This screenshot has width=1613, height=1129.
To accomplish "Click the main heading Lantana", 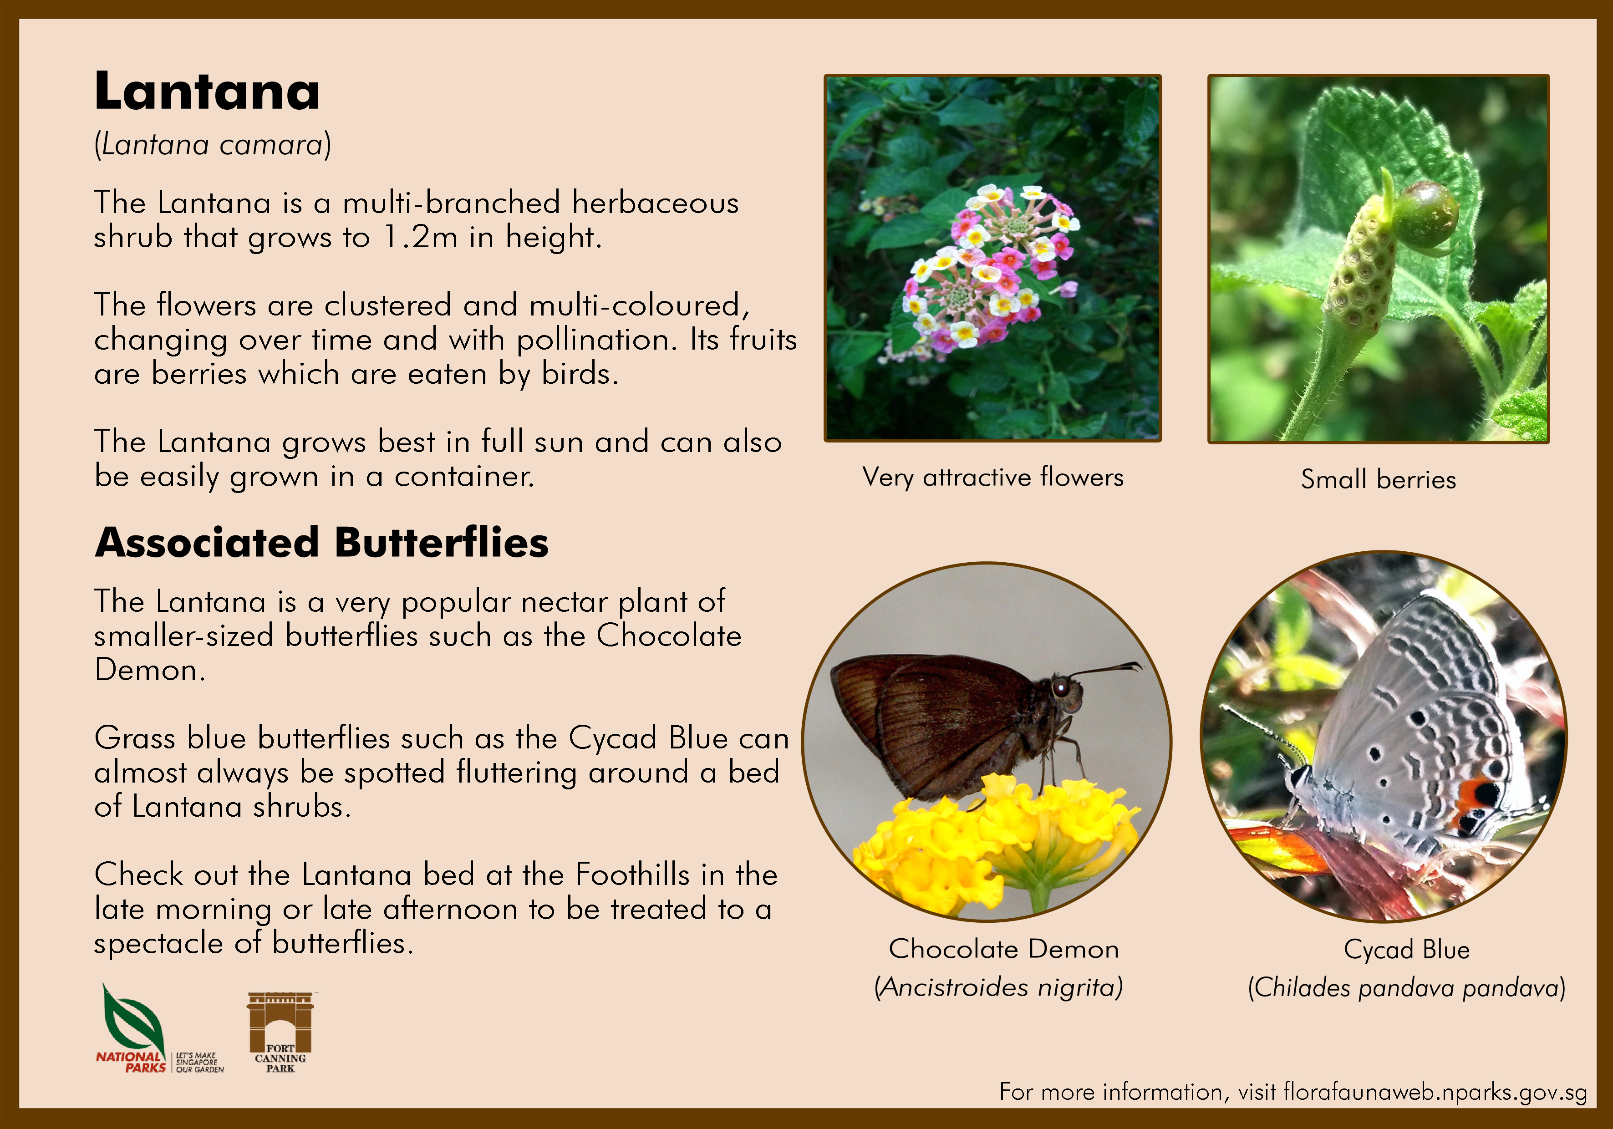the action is (x=207, y=92).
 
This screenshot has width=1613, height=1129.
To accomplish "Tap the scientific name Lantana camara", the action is (x=212, y=145).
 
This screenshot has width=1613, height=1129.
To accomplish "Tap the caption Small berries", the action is (x=1379, y=479).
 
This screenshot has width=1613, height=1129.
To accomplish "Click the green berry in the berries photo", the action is (x=1425, y=214).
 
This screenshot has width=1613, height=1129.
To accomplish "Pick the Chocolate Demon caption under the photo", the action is (x=1003, y=949).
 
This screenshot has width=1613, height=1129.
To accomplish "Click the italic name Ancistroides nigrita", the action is (x=999, y=987).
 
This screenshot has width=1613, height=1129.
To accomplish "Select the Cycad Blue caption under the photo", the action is (x=1406, y=950).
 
